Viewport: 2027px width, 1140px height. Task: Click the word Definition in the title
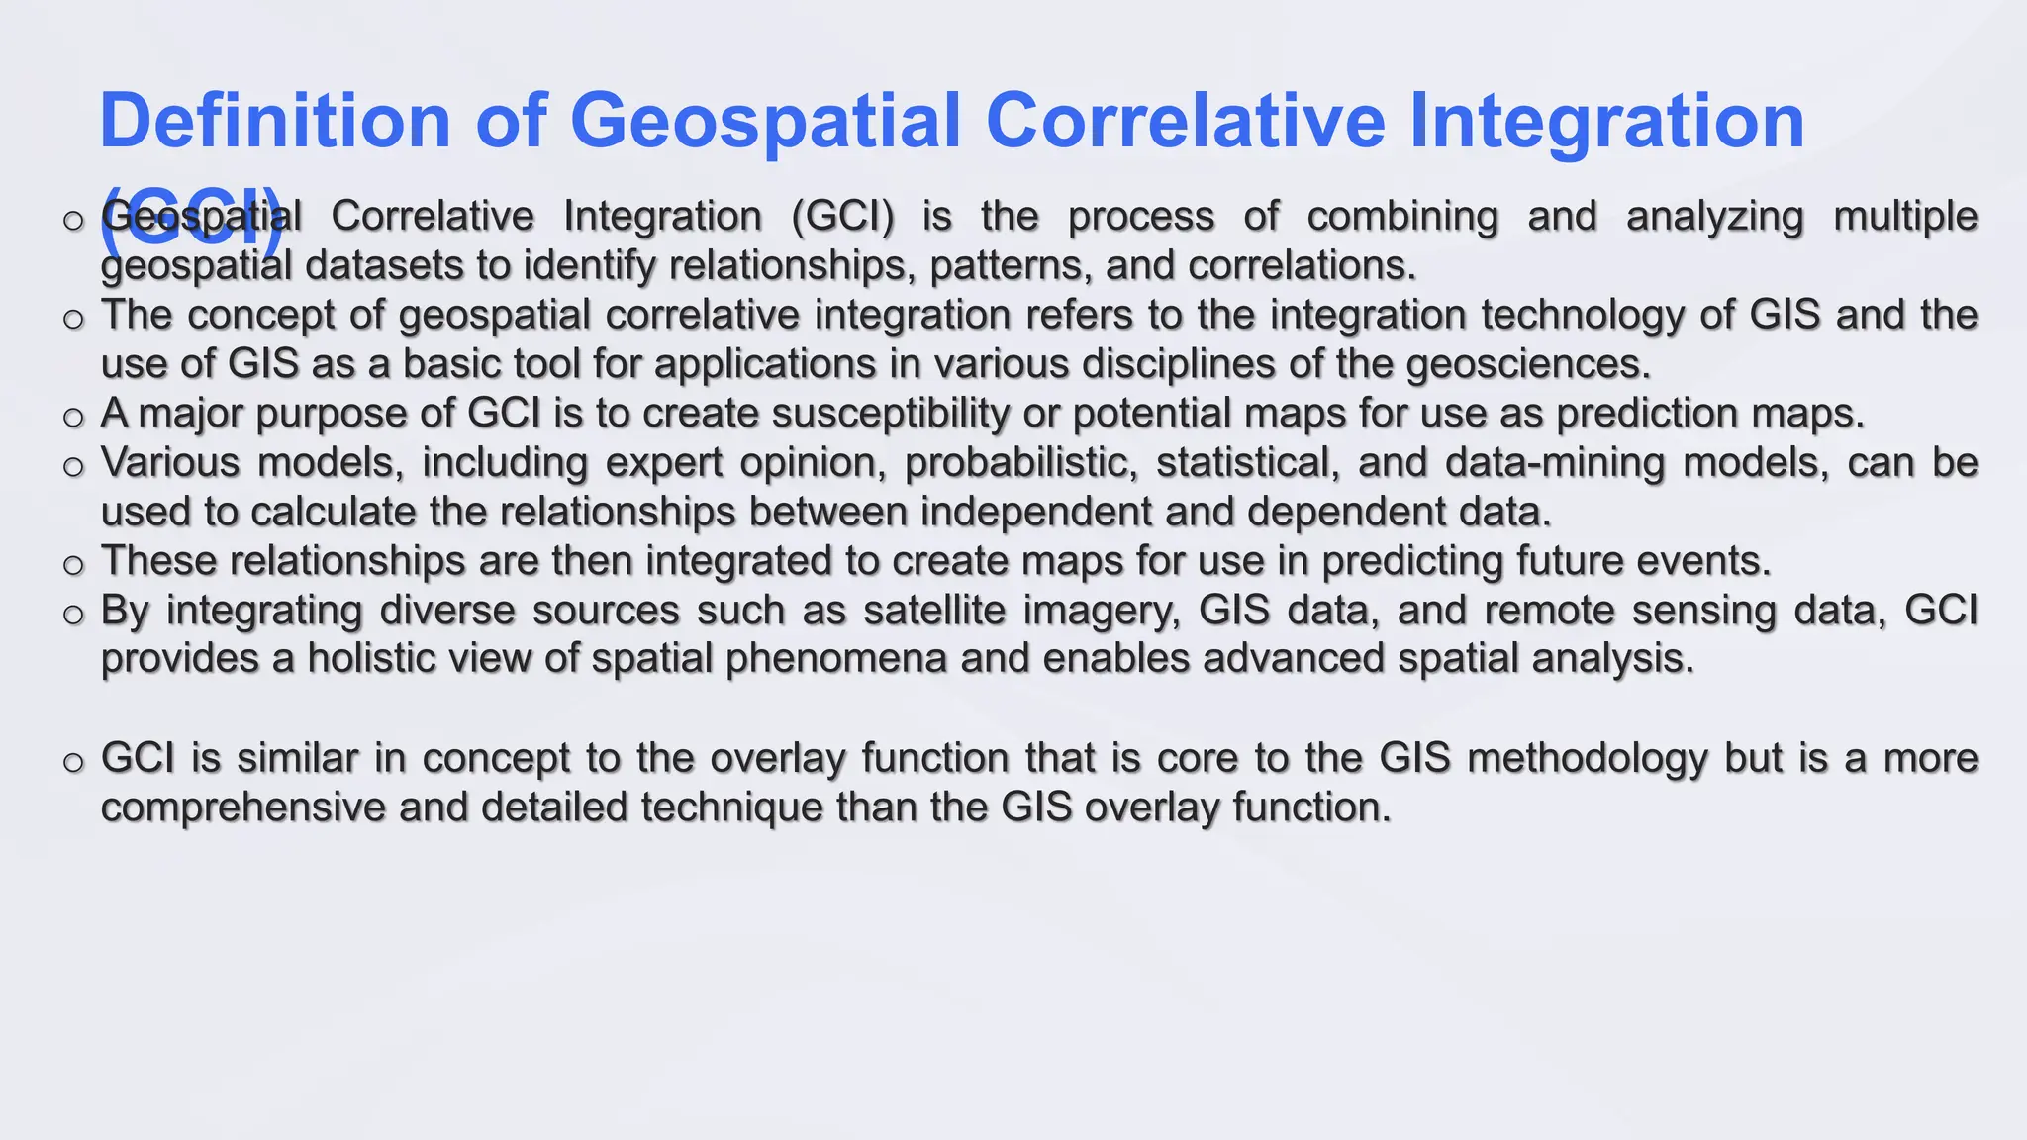click(x=275, y=121)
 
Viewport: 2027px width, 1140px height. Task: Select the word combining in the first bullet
click(x=1402, y=217)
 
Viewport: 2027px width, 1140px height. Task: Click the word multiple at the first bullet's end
click(x=1905, y=217)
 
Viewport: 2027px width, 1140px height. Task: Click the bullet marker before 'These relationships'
click(x=73, y=565)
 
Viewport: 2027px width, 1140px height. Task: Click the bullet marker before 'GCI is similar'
click(x=73, y=762)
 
